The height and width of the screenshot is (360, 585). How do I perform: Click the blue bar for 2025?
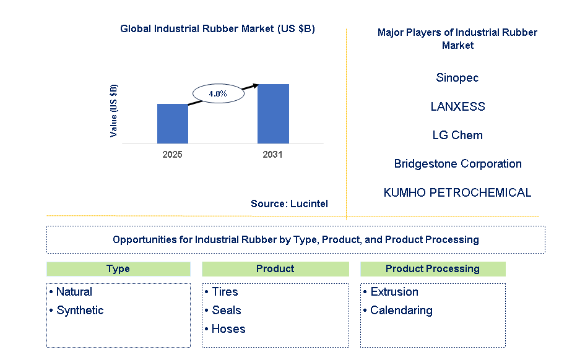[x=172, y=124]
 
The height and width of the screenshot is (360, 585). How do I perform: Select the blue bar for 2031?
[x=273, y=114]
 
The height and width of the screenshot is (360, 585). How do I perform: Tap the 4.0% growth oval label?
[x=217, y=94]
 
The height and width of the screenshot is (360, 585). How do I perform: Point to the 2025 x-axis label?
[x=172, y=155]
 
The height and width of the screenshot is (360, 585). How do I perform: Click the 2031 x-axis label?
[x=272, y=155]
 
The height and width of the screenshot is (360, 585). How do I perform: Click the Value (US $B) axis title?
[x=114, y=111]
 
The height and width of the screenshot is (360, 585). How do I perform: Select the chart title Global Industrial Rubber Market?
[x=217, y=29]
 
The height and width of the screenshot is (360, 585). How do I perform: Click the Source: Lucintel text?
[x=289, y=204]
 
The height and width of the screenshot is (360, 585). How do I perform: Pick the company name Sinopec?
[x=457, y=78]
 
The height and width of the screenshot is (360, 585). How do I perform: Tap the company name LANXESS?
[x=457, y=106]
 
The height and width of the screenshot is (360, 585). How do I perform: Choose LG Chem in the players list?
[x=457, y=135]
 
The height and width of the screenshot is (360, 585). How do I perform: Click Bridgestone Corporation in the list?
[x=457, y=164]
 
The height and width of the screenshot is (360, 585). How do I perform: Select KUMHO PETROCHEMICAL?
[x=457, y=192]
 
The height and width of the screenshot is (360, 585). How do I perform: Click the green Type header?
[x=118, y=268]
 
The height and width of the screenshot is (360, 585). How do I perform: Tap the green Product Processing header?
[x=432, y=268]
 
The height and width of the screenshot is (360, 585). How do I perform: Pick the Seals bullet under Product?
[x=226, y=311]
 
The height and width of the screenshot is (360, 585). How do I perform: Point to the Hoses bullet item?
[x=228, y=329]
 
